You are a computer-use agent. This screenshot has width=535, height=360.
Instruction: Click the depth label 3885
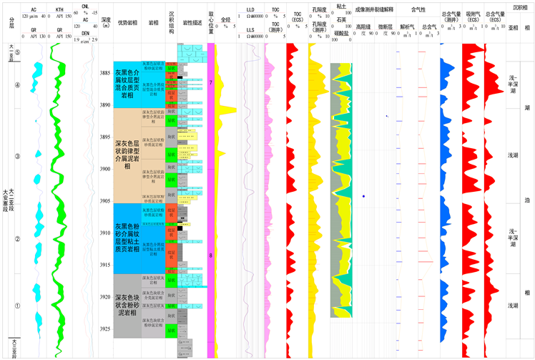point(105,73)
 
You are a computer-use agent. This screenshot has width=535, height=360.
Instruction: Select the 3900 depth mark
point(105,169)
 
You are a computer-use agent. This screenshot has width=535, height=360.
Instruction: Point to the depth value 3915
point(105,265)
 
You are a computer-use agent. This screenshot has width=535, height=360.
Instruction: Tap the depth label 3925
point(105,329)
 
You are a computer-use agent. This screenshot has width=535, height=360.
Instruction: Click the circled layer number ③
point(18,155)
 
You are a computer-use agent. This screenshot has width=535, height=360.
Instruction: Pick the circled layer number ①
point(18,306)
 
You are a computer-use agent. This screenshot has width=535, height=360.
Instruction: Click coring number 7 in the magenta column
point(211,83)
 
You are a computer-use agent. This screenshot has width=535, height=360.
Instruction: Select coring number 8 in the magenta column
point(211,255)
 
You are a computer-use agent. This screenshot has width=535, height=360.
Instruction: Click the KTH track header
point(60,9)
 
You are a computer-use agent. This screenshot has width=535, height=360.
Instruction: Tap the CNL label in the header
point(85,6)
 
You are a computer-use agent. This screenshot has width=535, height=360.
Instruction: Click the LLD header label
point(250,11)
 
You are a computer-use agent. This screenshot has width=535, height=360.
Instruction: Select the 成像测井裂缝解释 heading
point(374,9)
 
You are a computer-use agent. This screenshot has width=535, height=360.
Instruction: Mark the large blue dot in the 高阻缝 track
point(363,195)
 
